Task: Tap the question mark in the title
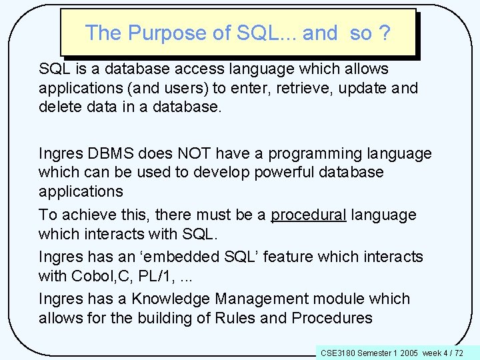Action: (x=384, y=33)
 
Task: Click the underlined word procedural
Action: (x=308, y=215)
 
